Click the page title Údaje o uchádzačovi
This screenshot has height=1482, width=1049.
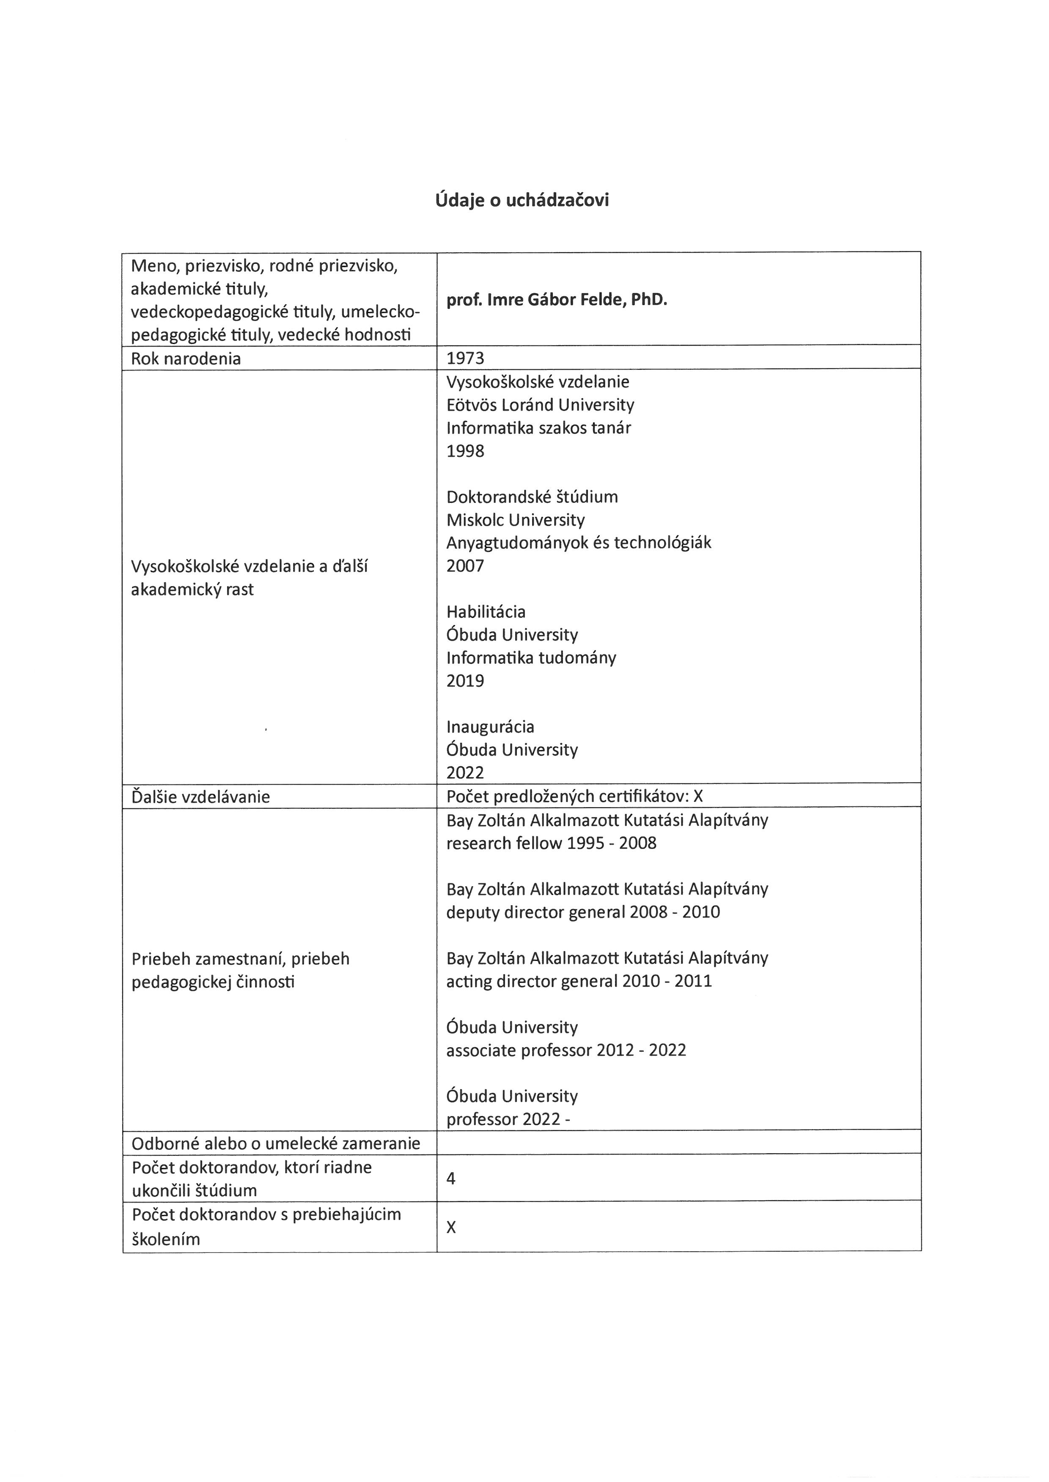[522, 200]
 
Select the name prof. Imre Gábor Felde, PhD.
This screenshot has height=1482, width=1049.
[556, 300]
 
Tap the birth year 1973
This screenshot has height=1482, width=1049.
[465, 358]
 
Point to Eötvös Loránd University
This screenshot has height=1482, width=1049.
[540, 405]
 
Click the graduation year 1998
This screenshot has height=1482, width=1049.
[465, 451]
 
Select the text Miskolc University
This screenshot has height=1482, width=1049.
[516, 520]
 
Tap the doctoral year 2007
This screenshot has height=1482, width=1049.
[465, 566]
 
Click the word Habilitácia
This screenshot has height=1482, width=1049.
[486, 612]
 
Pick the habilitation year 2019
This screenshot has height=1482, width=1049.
[465, 681]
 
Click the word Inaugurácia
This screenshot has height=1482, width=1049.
[490, 727]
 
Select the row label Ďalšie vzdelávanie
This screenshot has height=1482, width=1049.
[200, 797]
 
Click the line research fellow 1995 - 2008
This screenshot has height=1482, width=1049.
[551, 843]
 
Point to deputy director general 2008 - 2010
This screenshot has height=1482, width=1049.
[582, 912]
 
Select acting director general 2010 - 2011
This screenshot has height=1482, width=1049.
[579, 981]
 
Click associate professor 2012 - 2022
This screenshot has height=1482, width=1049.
[566, 1050]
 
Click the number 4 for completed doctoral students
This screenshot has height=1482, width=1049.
[451, 1179]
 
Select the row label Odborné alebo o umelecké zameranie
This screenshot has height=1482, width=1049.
[276, 1144]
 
